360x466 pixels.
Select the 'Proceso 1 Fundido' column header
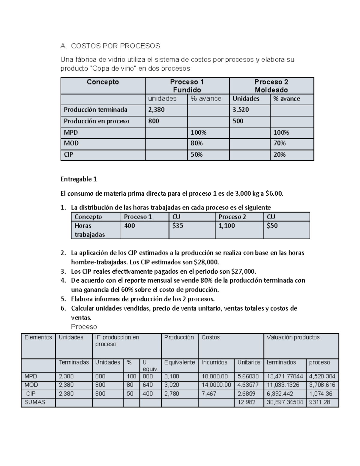[x=187, y=86]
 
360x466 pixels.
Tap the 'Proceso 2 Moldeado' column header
[x=271, y=86]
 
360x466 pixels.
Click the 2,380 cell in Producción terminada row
[x=157, y=110]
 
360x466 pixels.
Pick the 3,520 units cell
[x=241, y=110]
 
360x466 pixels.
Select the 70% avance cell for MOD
[x=280, y=143]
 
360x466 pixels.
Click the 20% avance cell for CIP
[x=280, y=155]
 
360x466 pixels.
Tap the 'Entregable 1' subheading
[x=79, y=179]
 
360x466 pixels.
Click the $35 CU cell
[x=178, y=226]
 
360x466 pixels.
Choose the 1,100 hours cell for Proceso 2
[x=226, y=226]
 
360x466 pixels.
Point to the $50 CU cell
[x=272, y=226]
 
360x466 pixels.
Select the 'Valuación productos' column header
[x=293, y=338]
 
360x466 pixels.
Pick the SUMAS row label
[x=35, y=402]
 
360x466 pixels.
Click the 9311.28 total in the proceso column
[x=319, y=402]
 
